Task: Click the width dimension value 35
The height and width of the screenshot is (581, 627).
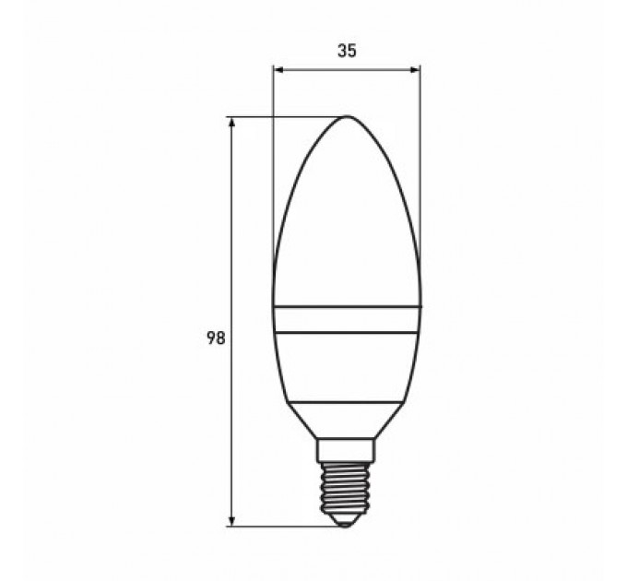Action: click(x=347, y=52)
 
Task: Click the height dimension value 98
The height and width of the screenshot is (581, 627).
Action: click(x=215, y=338)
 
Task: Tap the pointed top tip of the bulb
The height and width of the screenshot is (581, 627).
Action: click(x=348, y=117)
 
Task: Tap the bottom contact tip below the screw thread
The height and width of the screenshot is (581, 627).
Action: click(x=347, y=521)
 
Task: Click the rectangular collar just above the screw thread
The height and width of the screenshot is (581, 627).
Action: click(x=347, y=451)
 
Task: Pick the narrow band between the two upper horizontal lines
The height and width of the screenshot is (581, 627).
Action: click(x=347, y=319)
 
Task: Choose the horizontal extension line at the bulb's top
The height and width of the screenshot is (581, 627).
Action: click(x=286, y=117)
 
